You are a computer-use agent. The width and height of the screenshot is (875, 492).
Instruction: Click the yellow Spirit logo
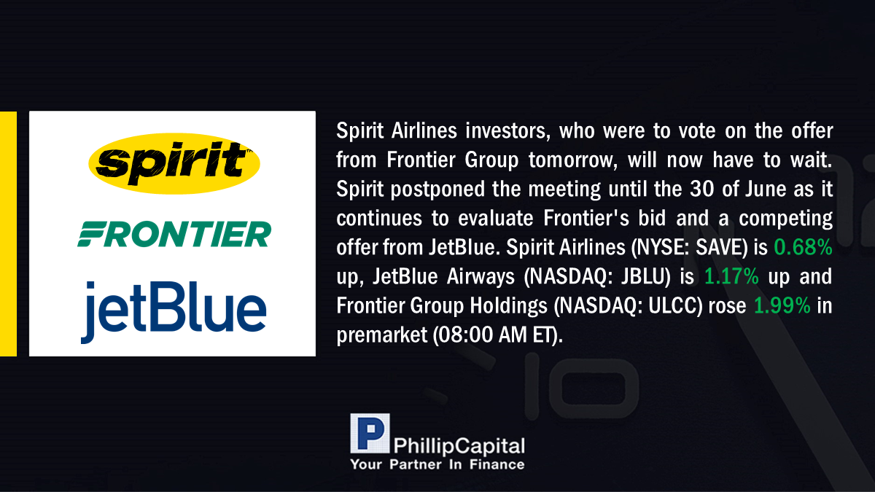[174, 163]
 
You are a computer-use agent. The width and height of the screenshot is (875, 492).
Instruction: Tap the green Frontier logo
[174, 234]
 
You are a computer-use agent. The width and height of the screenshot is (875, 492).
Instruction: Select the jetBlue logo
[174, 312]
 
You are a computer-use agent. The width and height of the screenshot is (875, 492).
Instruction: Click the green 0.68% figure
[803, 247]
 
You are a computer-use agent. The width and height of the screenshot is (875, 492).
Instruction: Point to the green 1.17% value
[731, 276]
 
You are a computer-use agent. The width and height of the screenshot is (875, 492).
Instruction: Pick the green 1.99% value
[782, 305]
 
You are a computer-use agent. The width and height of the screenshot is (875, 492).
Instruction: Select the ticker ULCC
[672, 305]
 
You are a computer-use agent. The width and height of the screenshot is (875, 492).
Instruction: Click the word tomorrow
[573, 160]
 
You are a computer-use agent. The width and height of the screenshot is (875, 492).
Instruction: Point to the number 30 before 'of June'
[701, 189]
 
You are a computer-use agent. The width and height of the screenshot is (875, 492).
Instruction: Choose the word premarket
[382, 335]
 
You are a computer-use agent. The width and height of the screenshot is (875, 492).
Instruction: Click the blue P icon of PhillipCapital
[370, 433]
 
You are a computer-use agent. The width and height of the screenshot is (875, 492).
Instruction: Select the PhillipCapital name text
[459, 446]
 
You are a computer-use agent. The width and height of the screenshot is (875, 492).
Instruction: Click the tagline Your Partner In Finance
[437, 464]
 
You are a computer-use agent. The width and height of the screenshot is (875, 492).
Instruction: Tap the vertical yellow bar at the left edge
[8, 233]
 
